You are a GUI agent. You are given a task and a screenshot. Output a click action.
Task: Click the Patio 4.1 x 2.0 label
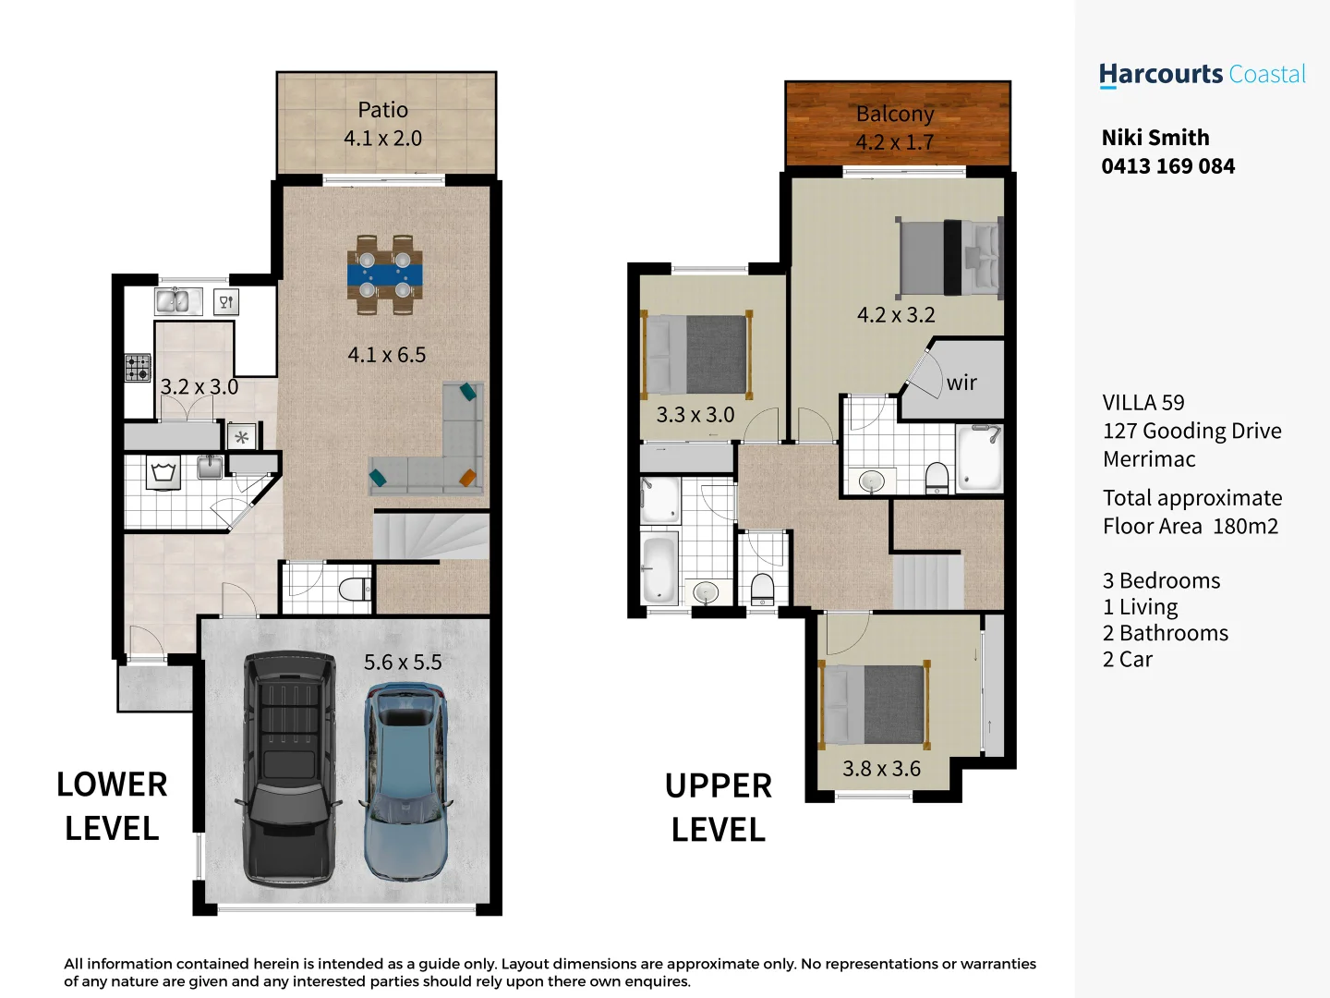[x=382, y=124]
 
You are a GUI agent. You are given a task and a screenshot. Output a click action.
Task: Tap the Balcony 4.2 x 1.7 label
[x=894, y=128]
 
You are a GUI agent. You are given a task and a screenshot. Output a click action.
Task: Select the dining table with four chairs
[x=385, y=275]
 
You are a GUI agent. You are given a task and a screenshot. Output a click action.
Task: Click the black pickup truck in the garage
[x=288, y=769]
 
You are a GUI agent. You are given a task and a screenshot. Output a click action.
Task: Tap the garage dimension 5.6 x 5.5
[x=403, y=663]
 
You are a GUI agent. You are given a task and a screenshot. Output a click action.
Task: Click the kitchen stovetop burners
[x=138, y=368]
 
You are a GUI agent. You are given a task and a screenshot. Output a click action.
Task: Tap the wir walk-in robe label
[x=961, y=383]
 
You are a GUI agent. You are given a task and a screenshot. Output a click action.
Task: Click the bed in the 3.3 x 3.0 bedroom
[x=696, y=355]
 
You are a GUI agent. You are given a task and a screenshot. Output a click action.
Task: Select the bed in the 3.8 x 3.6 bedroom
[x=874, y=704]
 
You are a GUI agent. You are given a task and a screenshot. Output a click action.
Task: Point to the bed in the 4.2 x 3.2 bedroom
[x=949, y=257]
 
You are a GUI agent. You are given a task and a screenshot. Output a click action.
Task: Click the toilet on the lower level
[x=355, y=590]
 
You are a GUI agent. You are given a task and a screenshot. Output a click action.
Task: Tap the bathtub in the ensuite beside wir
[x=979, y=458]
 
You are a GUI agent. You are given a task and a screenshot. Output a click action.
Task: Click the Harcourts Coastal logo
[x=1202, y=75]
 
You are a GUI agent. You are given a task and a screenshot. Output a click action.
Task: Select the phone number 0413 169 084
[x=1167, y=166]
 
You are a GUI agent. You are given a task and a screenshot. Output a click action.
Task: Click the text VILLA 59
[x=1143, y=403]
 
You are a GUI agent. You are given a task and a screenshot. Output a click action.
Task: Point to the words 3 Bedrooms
[x=1161, y=580]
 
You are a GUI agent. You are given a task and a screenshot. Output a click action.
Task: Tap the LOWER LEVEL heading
[x=112, y=806]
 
